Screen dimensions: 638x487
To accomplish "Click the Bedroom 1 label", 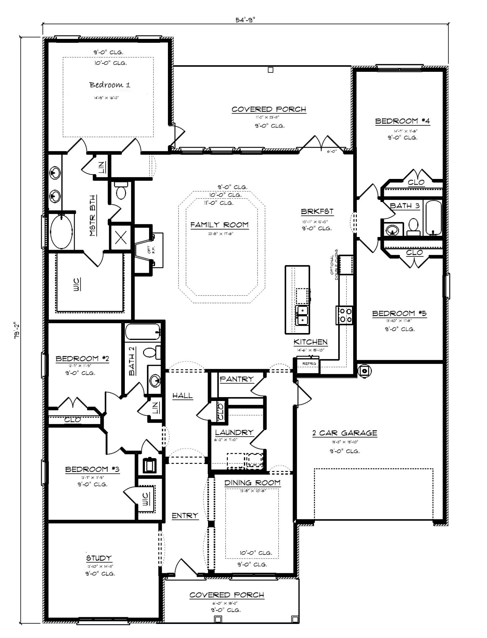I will (109, 85).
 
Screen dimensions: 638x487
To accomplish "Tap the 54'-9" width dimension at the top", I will (245, 20).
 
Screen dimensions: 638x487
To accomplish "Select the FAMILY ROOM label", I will (219, 225).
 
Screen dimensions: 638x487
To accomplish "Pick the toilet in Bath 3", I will (414, 226).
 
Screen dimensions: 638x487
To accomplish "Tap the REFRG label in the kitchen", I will (309, 364).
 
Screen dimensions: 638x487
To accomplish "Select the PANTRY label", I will (236, 379).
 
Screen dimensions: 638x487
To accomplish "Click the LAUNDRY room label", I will (234, 433).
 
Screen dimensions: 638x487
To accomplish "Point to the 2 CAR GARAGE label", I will (344, 433).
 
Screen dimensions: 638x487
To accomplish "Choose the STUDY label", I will (99, 558).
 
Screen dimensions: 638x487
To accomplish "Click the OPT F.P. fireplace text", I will (150, 250).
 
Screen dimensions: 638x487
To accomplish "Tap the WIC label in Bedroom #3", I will (145, 499).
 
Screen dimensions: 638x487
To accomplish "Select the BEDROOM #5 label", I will (399, 313).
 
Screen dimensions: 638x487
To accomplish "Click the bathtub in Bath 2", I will (143, 332).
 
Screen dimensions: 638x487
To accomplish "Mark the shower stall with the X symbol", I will (120, 238).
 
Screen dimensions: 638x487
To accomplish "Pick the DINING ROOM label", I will (252, 483).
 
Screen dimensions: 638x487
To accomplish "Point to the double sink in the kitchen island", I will (302, 315).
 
